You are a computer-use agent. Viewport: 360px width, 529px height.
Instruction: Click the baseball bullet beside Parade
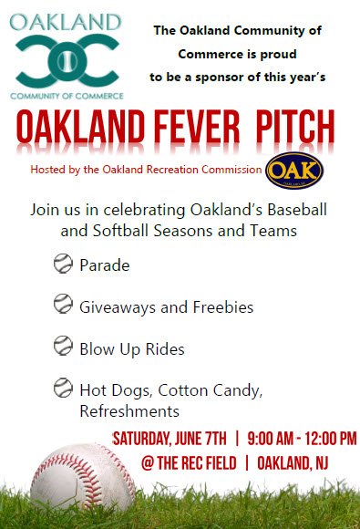point(63,264)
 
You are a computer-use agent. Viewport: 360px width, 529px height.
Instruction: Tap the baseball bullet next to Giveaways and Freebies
point(63,304)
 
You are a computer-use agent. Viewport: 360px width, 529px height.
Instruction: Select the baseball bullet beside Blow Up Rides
point(63,346)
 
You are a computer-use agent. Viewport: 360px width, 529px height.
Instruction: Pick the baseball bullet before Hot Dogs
point(63,388)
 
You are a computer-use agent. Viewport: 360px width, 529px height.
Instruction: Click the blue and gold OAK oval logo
point(294,170)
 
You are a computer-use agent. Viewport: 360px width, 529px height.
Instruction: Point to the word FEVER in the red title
point(197,127)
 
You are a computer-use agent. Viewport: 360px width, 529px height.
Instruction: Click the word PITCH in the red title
point(295,127)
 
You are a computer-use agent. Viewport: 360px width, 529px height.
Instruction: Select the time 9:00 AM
point(271,439)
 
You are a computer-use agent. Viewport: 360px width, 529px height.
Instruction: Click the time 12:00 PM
point(331,439)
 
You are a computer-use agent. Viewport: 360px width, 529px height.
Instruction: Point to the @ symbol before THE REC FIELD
point(148,463)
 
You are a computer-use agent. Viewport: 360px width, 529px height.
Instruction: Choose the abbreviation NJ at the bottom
point(322,463)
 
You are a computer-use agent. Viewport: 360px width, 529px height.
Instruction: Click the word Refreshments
point(129,411)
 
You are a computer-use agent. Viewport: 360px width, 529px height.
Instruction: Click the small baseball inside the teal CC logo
point(67,61)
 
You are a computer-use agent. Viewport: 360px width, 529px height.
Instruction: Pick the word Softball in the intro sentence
point(120,231)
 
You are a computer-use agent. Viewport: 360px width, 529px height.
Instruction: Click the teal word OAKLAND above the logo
point(66,22)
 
